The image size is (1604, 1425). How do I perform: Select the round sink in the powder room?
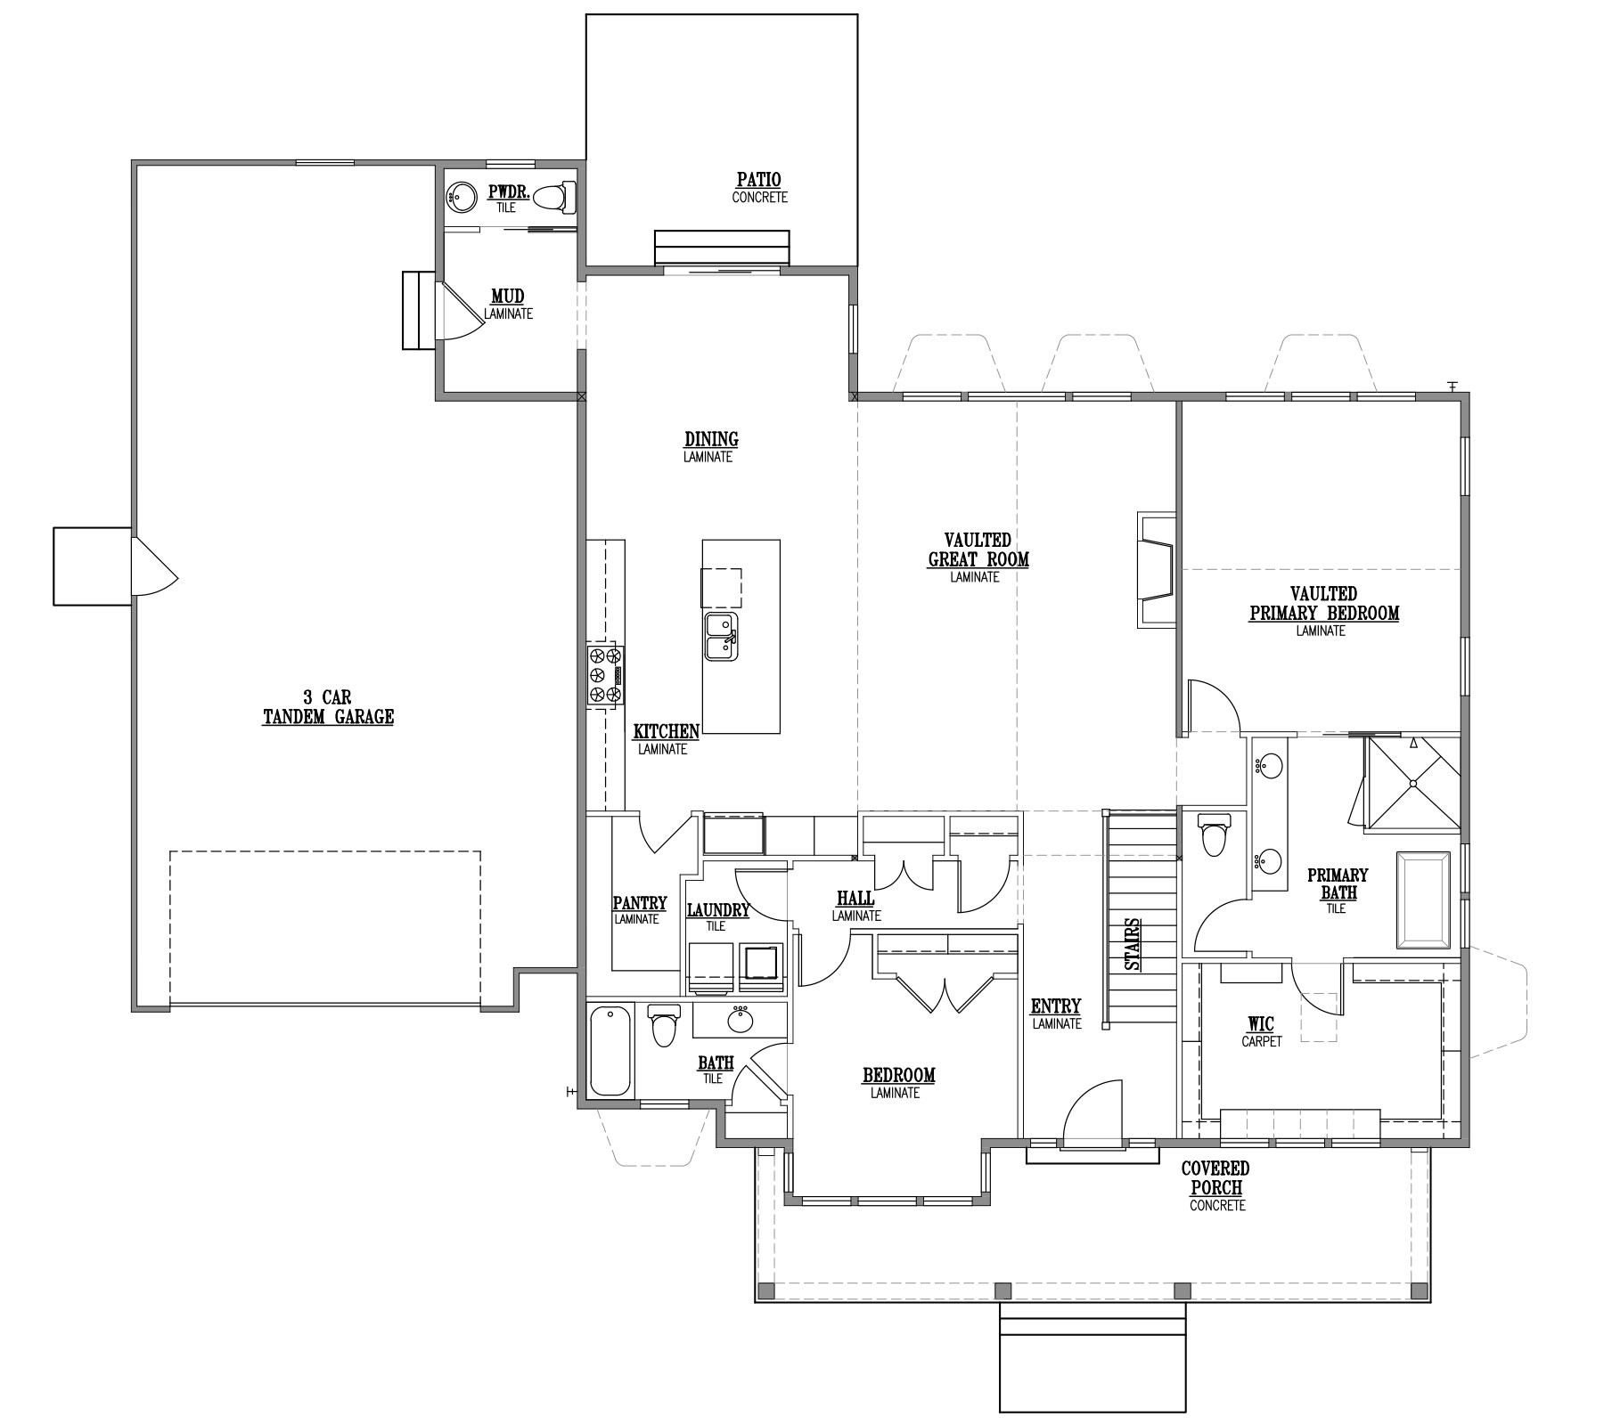click(x=462, y=195)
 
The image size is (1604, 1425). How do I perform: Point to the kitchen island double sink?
click(x=720, y=635)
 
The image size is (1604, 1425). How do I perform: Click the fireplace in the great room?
click(x=1157, y=570)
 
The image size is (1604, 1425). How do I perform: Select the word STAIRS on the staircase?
click(x=1132, y=944)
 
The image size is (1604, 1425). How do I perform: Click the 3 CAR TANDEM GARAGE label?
click(x=328, y=706)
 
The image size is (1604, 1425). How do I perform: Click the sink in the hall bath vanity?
click(x=740, y=1020)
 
